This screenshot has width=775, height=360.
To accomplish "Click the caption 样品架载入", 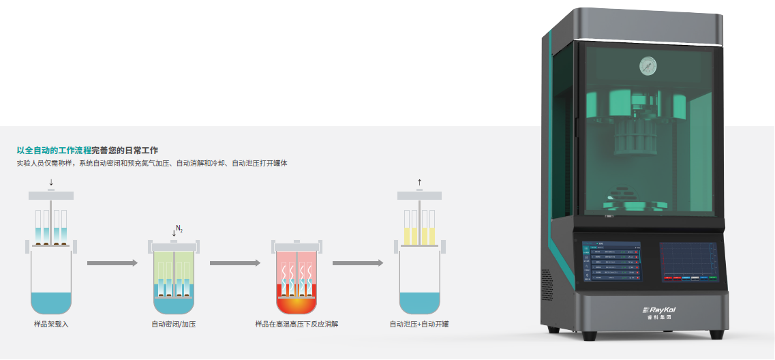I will coord(51,324).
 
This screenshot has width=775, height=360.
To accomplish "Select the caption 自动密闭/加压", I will coord(174,324).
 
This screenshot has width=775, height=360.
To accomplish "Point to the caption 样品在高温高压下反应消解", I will coord(297,324).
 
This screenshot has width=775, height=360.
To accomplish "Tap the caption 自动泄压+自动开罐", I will coord(419,324).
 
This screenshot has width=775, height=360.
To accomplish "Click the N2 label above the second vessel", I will coord(179,228).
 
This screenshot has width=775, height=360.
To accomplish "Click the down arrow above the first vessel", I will coord(51,183).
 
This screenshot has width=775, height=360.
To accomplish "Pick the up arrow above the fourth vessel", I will coord(419,182).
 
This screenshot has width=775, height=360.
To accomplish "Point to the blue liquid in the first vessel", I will coord(51,301).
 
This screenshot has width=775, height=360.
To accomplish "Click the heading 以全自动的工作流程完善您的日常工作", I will coord(87,150).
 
